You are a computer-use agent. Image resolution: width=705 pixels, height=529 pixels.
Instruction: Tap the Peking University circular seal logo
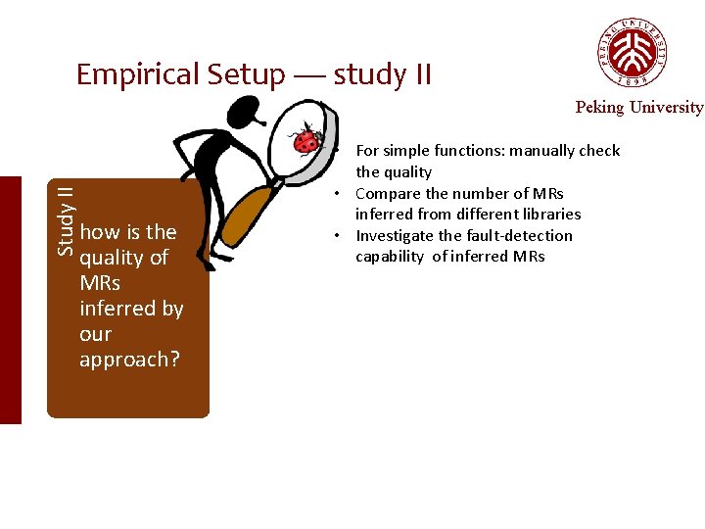point(633,52)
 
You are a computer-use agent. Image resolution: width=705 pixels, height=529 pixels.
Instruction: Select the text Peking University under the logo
point(638,107)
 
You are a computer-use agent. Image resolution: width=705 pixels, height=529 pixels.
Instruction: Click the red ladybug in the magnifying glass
point(308,141)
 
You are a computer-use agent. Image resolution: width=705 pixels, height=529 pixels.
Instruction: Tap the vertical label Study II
point(65,221)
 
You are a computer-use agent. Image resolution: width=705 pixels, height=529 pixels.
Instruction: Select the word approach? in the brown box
point(129,360)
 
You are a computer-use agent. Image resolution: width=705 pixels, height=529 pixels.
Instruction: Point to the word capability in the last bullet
point(390,257)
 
